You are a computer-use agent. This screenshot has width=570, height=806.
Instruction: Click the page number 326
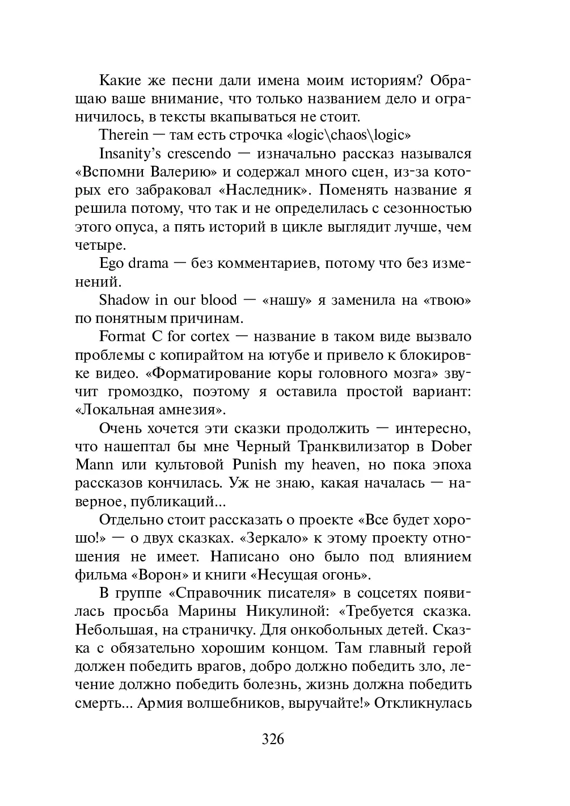(x=272, y=738)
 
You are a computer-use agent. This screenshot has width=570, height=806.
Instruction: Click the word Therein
(x=124, y=135)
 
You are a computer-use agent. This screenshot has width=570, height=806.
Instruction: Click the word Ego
(x=111, y=263)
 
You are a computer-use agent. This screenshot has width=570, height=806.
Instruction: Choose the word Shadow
(x=123, y=300)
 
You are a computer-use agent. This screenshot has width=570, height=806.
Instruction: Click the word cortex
(x=210, y=337)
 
